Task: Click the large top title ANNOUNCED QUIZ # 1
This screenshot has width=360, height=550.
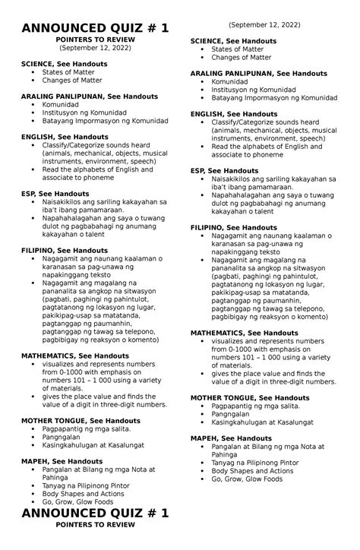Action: (x=96, y=27)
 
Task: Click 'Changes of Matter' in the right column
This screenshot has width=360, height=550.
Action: (x=242, y=57)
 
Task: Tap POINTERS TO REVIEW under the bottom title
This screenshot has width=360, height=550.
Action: (x=96, y=536)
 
